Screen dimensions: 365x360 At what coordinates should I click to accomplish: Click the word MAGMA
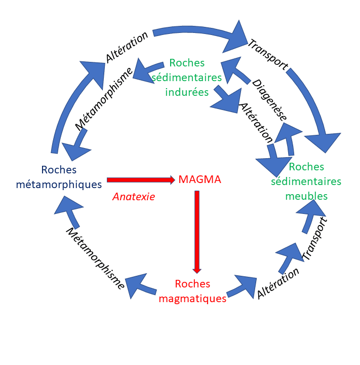tap(199, 179)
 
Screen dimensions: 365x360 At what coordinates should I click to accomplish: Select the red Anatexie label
tap(134, 196)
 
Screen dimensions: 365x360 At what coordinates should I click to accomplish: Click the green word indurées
tap(187, 92)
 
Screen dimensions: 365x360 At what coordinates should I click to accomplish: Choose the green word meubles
tap(306, 195)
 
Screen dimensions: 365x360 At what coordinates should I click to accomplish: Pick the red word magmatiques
tap(192, 299)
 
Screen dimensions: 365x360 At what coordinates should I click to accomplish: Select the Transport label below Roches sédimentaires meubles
tap(315, 239)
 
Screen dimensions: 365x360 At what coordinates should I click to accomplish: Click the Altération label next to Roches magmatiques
tap(278, 282)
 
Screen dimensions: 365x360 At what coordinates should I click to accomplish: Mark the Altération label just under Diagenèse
tap(256, 123)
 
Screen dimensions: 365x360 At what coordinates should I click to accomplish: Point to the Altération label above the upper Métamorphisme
tap(127, 47)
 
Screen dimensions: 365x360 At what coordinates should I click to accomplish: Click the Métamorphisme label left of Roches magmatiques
tap(96, 258)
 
